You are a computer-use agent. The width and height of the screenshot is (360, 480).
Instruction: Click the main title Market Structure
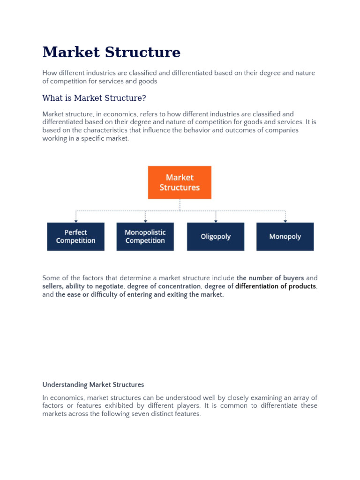click(111, 52)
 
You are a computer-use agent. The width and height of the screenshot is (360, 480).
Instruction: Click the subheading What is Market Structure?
click(94, 98)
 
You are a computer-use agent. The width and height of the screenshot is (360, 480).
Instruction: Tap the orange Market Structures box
click(180, 182)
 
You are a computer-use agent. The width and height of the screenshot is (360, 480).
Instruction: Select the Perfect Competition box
click(75, 237)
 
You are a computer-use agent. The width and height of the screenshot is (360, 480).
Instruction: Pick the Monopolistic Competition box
click(145, 237)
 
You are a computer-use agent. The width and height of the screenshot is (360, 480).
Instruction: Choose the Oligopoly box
click(216, 237)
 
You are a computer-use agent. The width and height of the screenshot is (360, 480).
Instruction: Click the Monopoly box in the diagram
click(285, 237)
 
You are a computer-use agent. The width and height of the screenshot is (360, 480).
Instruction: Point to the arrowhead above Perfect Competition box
click(76, 220)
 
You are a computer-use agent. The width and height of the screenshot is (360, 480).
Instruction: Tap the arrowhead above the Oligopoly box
click(216, 220)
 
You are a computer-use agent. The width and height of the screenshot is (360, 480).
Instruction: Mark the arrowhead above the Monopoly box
click(285, 220)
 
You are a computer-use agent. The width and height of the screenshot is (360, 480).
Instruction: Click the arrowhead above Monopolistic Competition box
click(145, 220)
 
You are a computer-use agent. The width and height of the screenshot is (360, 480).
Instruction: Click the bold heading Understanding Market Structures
click(93, 385)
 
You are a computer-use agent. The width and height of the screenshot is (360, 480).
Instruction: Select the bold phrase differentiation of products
click(276, 286)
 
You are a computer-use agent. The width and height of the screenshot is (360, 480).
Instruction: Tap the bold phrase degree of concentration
click(164, 286)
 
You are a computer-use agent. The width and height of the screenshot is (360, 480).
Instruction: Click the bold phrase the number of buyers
click(270, 278)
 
